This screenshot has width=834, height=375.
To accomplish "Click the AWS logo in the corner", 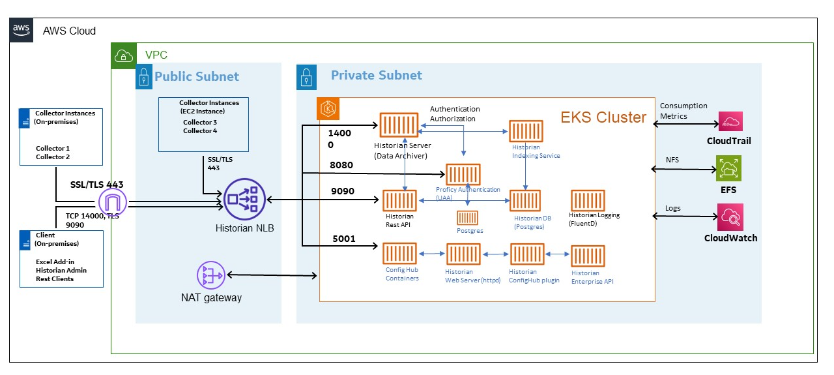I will (21, 30).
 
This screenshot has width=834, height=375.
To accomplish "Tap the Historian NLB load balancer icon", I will (242, 200).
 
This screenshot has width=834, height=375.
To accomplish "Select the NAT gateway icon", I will (210, 275).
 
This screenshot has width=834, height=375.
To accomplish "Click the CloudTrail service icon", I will (730, 121).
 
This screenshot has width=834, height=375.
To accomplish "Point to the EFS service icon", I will (730, 168).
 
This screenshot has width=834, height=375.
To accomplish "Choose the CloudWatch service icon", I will (730, 217).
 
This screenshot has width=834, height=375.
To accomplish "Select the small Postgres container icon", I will (467, 218).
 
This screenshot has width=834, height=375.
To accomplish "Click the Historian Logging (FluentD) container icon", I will (588, 201).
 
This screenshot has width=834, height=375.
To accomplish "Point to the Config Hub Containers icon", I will (399, 254).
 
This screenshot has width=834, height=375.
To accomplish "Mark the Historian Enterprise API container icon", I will (588, 256).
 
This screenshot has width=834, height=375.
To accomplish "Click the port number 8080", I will (341, 165).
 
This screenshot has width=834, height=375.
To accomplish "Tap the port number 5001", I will (344, 239).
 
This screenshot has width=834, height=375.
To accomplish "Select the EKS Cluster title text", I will (603, 117).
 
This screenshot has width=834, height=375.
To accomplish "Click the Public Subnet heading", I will (197, 76).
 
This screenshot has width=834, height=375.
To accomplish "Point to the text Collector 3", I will (200, 122).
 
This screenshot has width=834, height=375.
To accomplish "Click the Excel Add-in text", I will (55, 262).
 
